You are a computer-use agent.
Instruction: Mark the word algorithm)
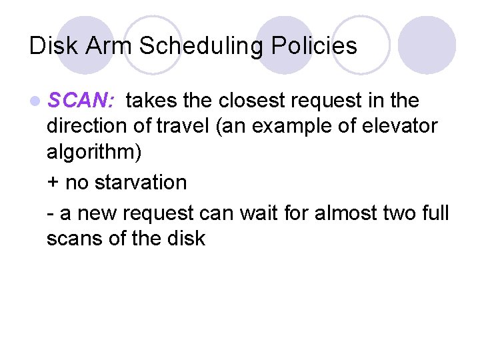pos(94,153)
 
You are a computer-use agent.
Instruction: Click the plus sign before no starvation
pos(53,181)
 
